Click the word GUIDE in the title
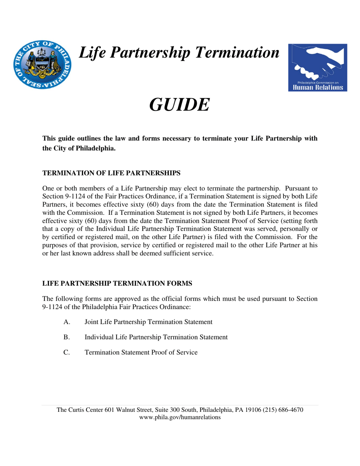click(x=179, y=105)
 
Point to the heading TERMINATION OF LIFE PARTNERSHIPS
click(x=111, y=173)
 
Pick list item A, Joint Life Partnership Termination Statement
click(x=148, y=322)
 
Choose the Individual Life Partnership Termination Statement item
click(x=156, y=337)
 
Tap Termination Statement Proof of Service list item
click(x=141, y=352)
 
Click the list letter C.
click(x=67, y=352)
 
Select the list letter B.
click(x=66, y=337)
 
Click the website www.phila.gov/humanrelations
click(x=180, y=417)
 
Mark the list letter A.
click(x=67, y=322)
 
